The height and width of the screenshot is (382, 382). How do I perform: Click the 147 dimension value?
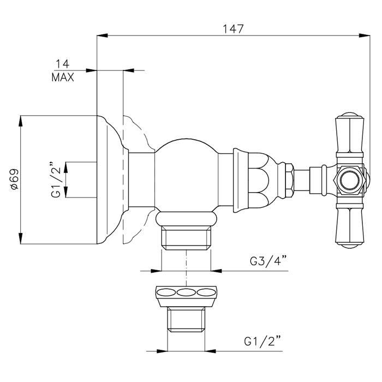[x=233, y=29]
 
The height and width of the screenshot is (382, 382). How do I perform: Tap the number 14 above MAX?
[x=63, y=64]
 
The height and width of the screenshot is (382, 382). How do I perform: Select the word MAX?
[x=63, y=77]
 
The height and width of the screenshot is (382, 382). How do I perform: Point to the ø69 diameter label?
[x=14, y=179]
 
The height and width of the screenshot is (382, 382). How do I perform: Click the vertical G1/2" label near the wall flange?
[x=56, y=179]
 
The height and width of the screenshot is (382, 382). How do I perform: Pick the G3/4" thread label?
[x=268, y=261]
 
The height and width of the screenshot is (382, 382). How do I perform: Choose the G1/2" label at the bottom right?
[x=262, y=341]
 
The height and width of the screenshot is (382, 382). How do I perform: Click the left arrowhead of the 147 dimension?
[x=103, y=35]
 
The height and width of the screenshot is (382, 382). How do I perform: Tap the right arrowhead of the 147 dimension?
[x=365, y=35]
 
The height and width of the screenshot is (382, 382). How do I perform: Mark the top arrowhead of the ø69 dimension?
[x=21, y=121]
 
